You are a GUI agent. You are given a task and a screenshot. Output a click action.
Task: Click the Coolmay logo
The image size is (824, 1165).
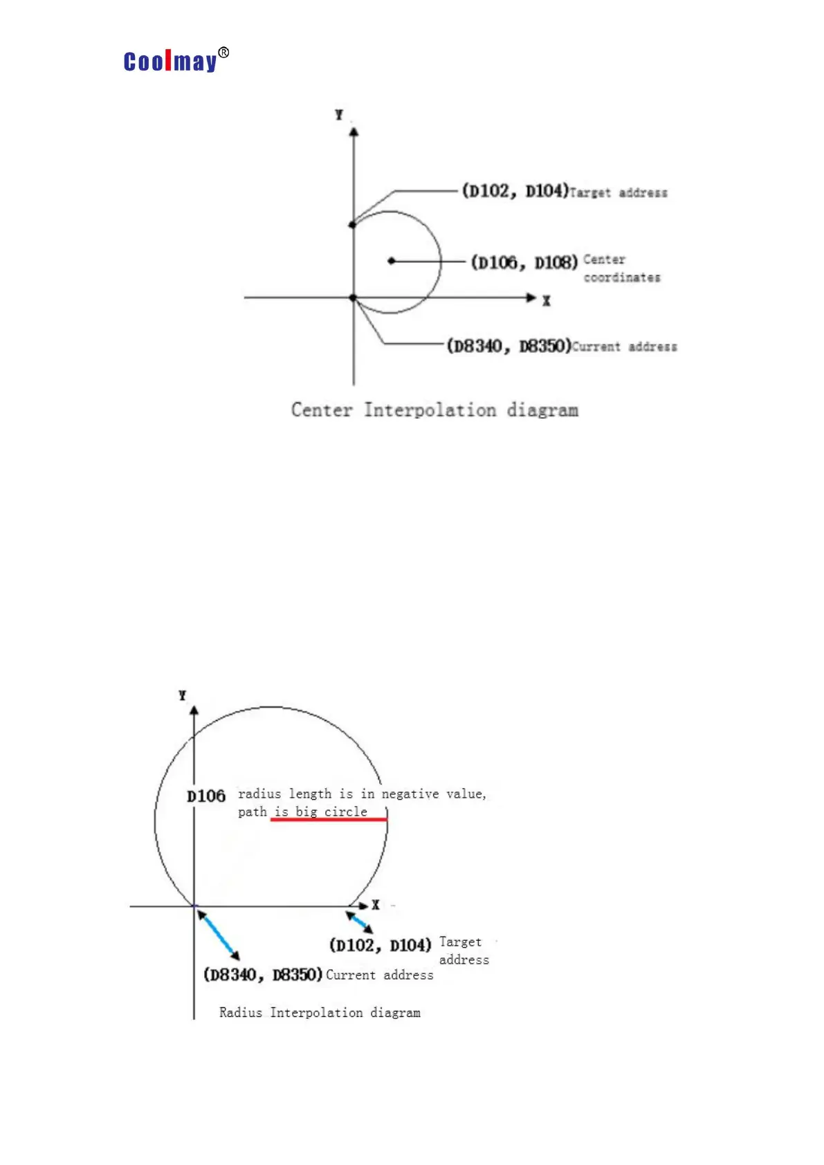175,61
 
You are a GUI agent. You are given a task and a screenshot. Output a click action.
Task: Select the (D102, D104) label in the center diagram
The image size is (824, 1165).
515,191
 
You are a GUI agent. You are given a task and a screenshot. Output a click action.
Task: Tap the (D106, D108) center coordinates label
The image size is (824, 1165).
524,263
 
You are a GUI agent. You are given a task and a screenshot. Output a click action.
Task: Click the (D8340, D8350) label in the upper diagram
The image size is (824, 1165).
509,346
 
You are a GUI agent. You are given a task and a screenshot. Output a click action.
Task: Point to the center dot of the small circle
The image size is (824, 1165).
392,261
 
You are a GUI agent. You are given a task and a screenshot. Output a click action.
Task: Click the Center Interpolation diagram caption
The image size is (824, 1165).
434,410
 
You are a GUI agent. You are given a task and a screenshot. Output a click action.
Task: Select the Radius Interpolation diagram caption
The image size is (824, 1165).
320,1013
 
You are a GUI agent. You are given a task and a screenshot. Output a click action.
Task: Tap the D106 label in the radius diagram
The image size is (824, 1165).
206,796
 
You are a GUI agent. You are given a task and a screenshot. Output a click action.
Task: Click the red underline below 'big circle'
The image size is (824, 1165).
329,820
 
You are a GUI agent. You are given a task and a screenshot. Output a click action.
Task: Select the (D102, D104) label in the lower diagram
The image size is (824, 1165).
380,945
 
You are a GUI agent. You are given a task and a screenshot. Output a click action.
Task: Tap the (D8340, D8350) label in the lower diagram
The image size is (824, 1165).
263,975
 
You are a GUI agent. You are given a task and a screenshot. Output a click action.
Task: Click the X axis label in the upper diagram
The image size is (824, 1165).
547,301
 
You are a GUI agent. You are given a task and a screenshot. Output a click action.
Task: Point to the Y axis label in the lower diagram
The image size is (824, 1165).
182,695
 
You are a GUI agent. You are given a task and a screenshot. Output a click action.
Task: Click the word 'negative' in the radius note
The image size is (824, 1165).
410,794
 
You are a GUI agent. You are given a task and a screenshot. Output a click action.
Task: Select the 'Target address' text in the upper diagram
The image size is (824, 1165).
619,193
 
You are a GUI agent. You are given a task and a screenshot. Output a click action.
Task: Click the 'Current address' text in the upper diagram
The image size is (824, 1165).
625,347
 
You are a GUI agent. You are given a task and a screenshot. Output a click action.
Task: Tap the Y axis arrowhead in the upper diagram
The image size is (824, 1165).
354,131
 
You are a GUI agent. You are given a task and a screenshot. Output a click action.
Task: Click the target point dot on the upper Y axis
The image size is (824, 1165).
353,224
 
